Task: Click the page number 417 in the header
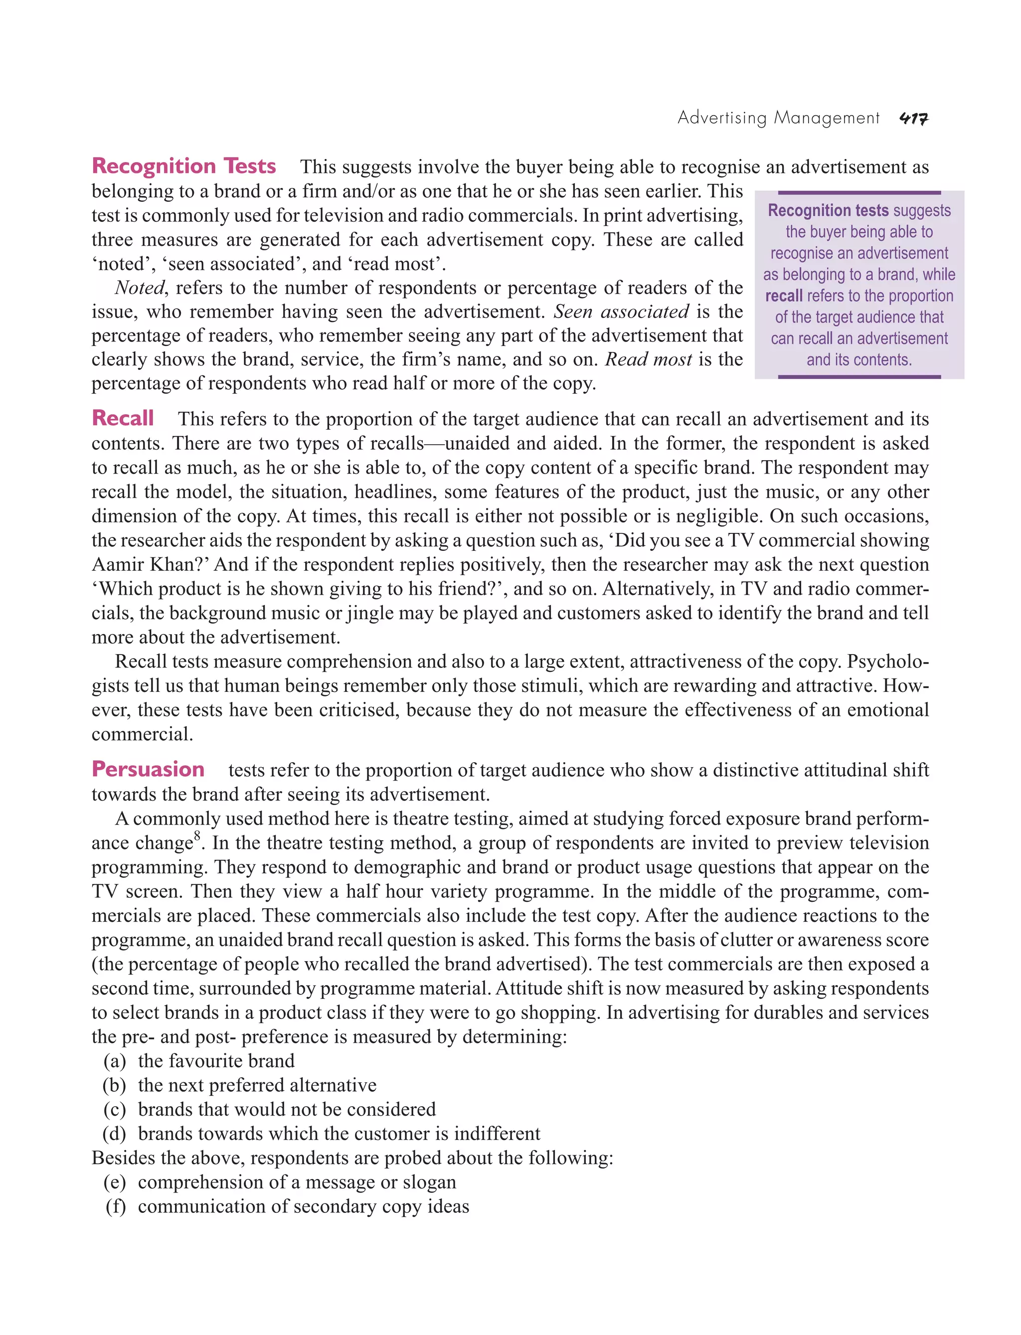point(913,119)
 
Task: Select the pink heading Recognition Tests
point(183,166)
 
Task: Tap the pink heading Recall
point(122,418)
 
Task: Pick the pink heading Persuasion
point(148,769)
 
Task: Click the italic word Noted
point(139,288)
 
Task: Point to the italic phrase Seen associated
point(621,312)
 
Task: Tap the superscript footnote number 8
point(197,836)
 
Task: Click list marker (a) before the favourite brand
point(115,1061)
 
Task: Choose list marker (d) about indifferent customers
point(115,1134)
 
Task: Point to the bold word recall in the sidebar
point(784,296)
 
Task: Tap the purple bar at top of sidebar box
point(859,192)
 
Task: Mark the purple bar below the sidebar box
point(859,377)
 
